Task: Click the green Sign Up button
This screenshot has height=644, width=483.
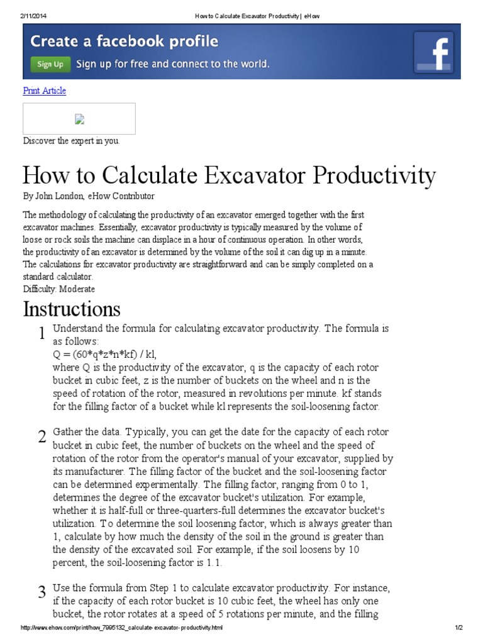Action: tap(50, 64)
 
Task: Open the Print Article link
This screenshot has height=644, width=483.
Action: tap(44, 91)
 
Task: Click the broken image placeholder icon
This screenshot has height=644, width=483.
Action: tap(79, 119)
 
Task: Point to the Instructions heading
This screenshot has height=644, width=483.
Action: tap(71, 309)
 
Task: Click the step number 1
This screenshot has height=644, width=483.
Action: tap(41, 334)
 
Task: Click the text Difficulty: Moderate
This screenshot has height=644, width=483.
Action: tap(59, 289)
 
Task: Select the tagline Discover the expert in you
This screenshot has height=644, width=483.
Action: tap(71, 141)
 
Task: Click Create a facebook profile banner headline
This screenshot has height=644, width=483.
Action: tap(125, 42)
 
